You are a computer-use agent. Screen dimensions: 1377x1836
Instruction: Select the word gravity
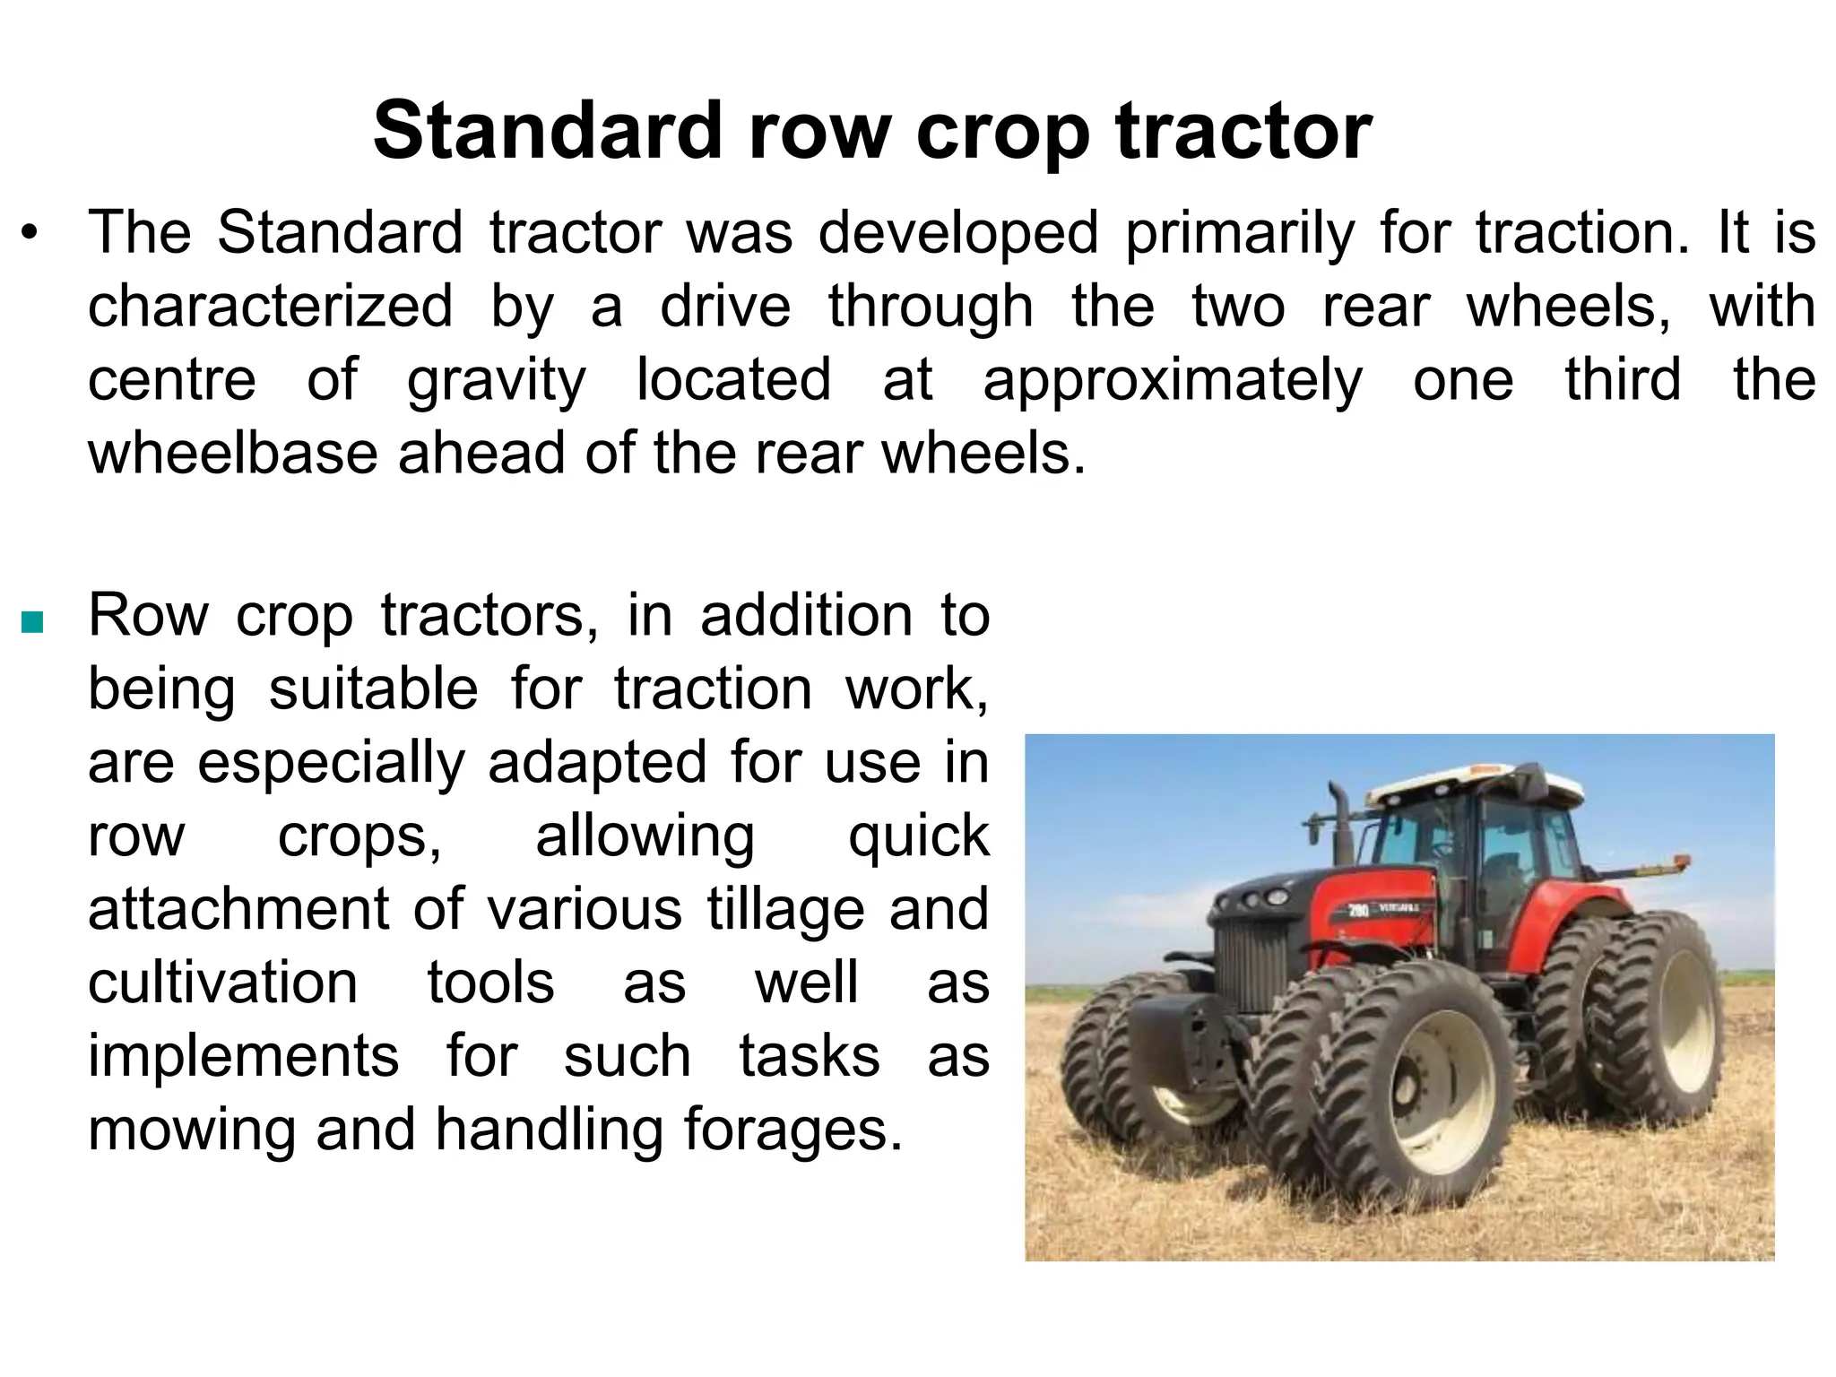tap(496, 380)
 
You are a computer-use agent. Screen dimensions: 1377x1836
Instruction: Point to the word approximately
tap(1172, 380)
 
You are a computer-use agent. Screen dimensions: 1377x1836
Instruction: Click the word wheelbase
tap(233, 453)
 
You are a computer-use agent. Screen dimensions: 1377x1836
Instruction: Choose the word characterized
tap(270, 307)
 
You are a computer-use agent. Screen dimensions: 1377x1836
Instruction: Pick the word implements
tap(243, 1055)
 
